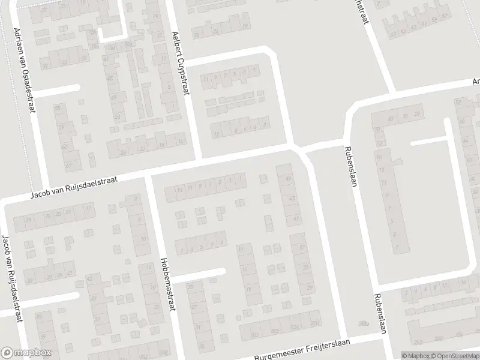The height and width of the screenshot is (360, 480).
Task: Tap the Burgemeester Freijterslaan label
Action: click(x=303, y=353)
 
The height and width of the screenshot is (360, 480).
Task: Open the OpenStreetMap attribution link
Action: click(x=453, y=355)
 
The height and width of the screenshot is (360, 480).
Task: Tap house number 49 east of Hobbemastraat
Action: click(x=289, y=178)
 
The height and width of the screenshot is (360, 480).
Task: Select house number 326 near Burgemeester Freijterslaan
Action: click(x=295, y=327)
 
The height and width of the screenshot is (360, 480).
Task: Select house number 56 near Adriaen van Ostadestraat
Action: click(x=58, y=108)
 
